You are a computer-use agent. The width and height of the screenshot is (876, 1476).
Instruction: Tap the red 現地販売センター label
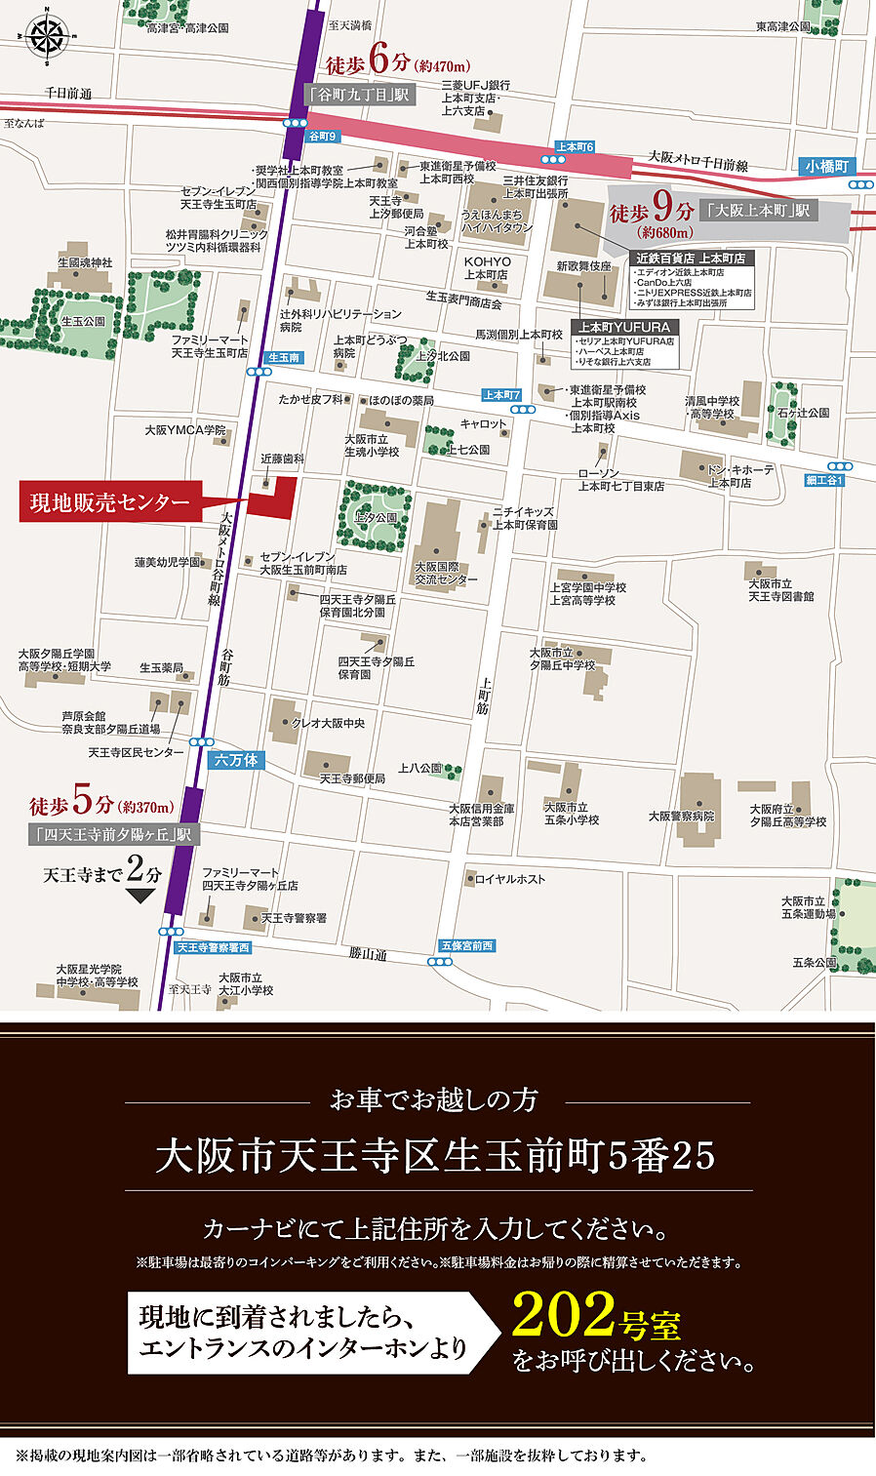coord(109,502)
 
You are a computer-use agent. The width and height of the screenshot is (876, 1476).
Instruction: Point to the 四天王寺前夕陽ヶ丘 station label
coord(115,835)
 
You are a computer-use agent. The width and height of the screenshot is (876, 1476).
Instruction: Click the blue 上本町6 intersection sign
coord(575,146)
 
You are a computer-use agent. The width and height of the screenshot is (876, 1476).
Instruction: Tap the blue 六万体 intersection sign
coord(235,760)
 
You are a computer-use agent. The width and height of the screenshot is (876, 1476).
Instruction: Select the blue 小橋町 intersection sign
coord(827,167)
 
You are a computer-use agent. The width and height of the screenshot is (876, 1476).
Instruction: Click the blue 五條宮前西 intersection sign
coord(467,945)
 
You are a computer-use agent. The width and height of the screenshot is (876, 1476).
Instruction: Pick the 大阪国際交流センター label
coord(446,573)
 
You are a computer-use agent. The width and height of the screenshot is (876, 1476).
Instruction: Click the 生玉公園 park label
coord(83,321)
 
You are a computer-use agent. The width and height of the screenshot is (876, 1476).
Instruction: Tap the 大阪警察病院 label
coord(681,816)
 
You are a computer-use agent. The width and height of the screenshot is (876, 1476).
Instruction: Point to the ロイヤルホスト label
coord(509,879)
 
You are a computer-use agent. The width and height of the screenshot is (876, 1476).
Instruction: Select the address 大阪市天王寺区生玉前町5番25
coord(436,1157)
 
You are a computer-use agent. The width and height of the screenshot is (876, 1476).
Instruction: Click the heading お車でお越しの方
coord(434,1099)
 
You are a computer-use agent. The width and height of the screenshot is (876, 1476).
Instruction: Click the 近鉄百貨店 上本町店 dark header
coord(691,259)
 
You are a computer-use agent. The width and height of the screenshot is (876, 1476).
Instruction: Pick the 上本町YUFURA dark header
coord(625,327)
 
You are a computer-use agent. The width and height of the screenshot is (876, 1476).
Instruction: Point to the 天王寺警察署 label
coord(294,918)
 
